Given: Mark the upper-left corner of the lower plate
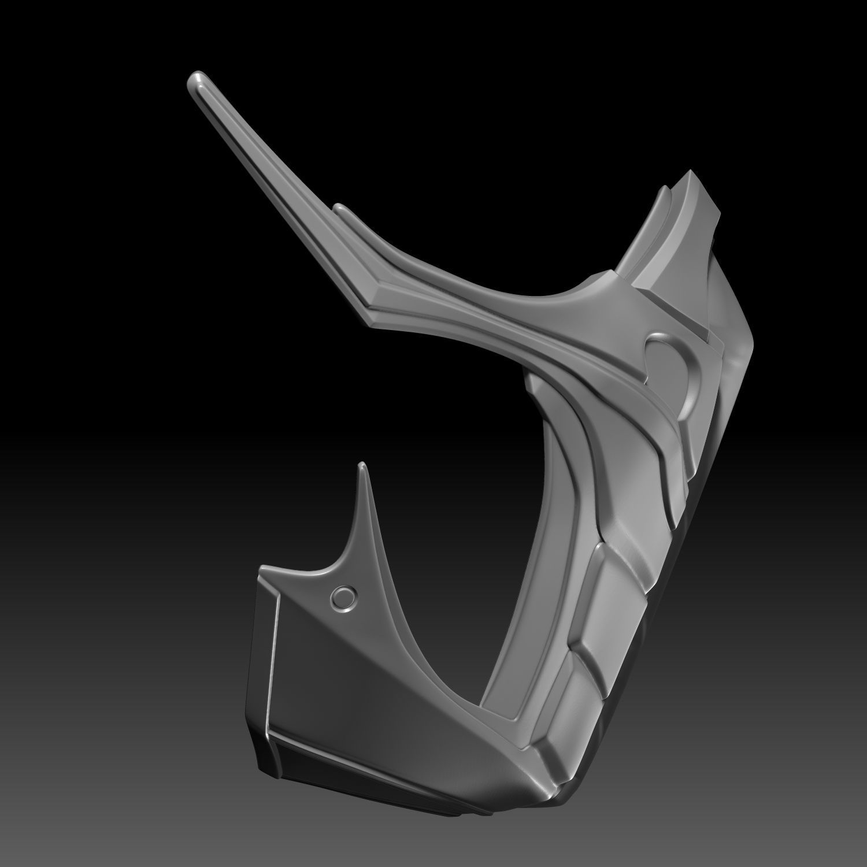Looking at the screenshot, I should pyautogui.click(x=264, y=568).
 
